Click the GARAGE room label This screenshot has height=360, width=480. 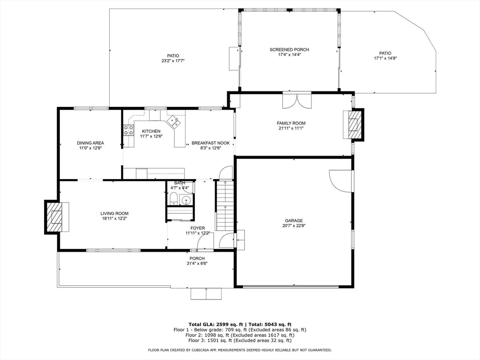pyautogui.click(x=294, y=220)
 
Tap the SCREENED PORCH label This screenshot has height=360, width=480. pyautogui.click(x=289, y=50)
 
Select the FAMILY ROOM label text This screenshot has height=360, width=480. pyautogui.click(x=291, y=123)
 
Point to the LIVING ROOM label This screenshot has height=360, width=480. pyautogui.click(x=114, y=213)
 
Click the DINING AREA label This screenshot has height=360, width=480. pyautogui.click(x=90, y=143)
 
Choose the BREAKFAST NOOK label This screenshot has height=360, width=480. pyautogui.click(x=210, y=143)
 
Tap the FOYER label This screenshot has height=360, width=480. pyautogui.click(x=198, y=228)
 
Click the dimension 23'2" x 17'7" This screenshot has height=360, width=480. pyautogui.click(x=173, y=60)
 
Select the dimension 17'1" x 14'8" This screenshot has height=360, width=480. pyautogui.click(x=385, y=58)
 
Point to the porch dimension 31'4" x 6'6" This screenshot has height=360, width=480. pyautogui.click(x=197, y=263)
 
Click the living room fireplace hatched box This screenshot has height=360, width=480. pyautogui.click(x=54, y=217)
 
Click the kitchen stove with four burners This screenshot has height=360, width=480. pyautogui.click(x=128, y=130)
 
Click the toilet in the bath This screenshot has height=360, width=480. pyautogui.click(x=173, y=199)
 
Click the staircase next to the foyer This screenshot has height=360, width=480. pyautogui.click(x=225, y=205)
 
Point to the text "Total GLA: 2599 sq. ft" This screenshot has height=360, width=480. pyautogui.click(x=216, y=324)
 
